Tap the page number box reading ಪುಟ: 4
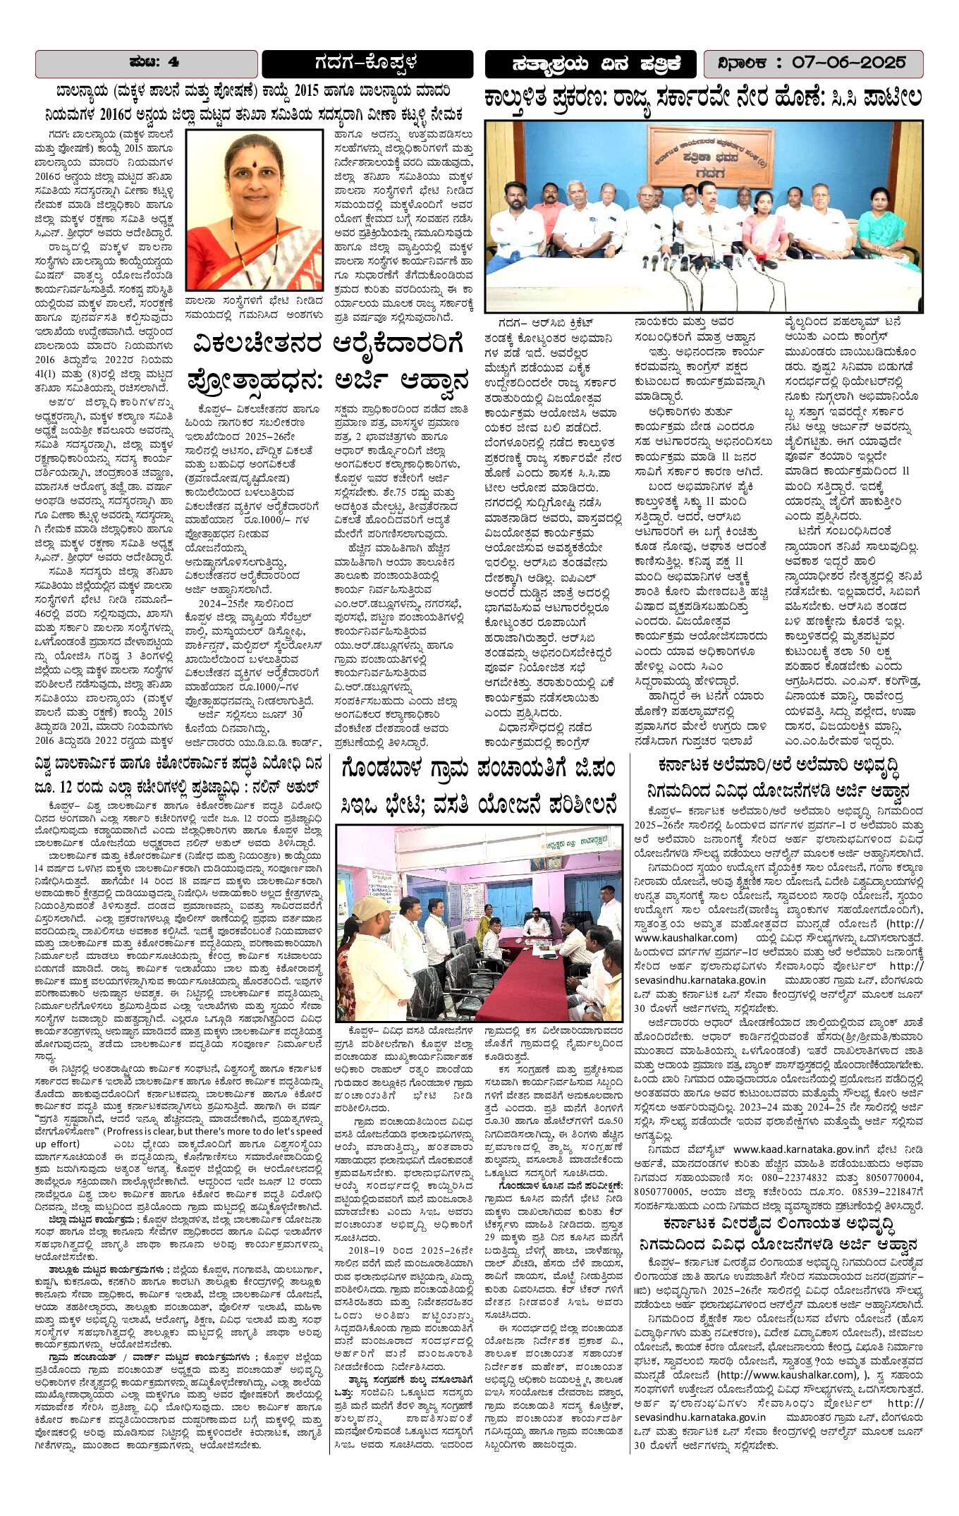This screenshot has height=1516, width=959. (147, 63)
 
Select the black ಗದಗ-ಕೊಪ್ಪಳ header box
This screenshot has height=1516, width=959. (367, 63)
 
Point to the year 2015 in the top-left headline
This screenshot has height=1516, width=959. (306, 91)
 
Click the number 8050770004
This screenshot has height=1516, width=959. (888, 1177)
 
